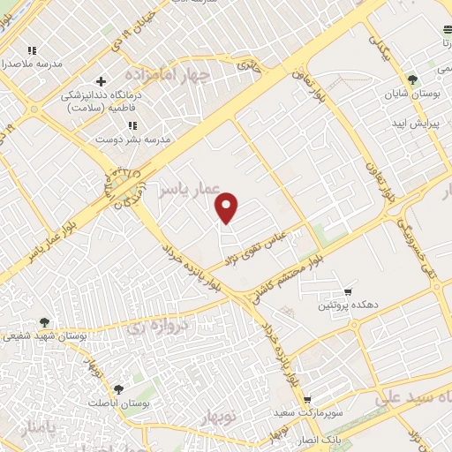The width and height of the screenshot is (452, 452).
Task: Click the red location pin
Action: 228,207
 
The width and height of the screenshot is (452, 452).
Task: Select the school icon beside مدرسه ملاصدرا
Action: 33,50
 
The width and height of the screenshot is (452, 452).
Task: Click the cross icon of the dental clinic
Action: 102,82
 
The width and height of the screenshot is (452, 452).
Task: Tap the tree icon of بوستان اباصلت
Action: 118,388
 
